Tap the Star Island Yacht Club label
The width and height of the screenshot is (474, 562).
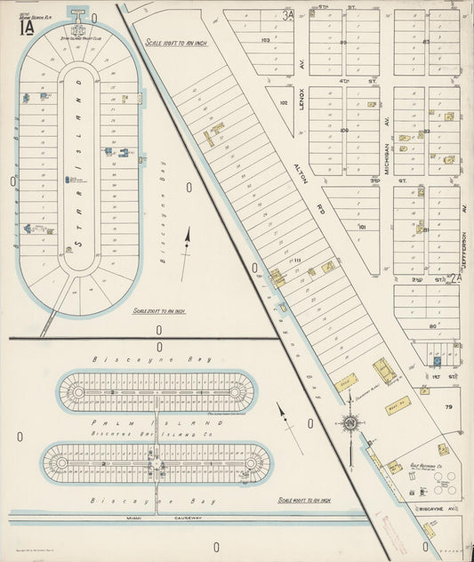point(79,37)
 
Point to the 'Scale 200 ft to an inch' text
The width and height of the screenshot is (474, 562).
point(158,311)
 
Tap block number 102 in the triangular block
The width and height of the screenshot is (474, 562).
point(284,103)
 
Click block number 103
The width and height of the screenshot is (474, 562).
point(265,41)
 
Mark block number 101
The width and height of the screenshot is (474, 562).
point(361,227)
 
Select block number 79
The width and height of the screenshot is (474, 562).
point(448,407)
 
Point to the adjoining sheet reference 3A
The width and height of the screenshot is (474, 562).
point(286,14)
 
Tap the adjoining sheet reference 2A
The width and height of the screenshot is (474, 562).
point(454,279)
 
